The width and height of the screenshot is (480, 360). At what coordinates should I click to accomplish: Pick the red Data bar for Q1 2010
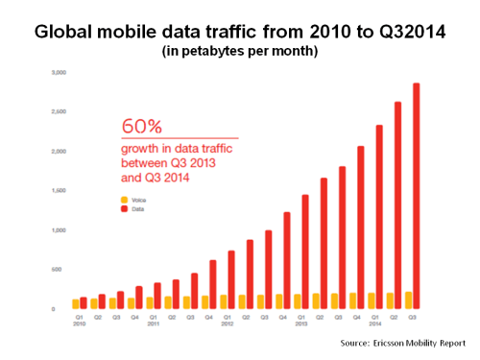click(84, 303)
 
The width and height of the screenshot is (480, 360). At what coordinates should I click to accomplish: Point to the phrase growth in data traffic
click(179, 150)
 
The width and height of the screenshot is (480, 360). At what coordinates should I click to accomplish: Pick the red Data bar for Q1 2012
click(230, 279)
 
